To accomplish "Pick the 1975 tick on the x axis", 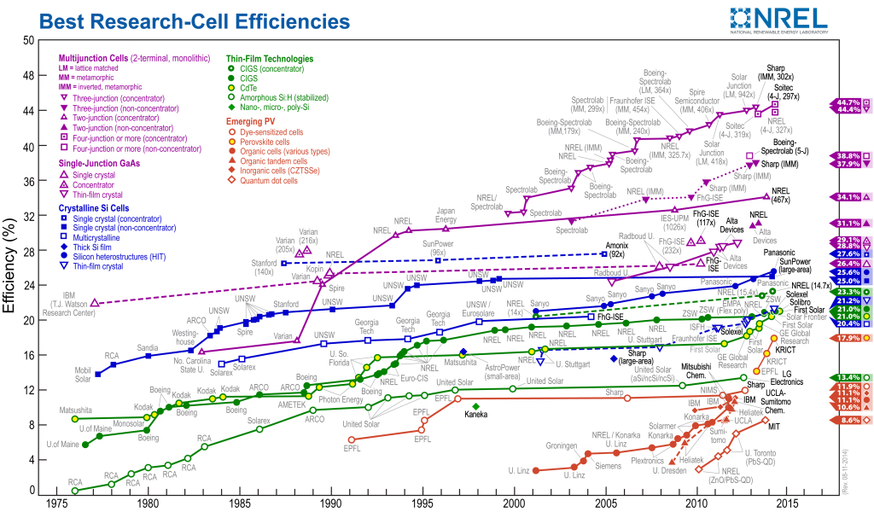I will pos(57,504).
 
